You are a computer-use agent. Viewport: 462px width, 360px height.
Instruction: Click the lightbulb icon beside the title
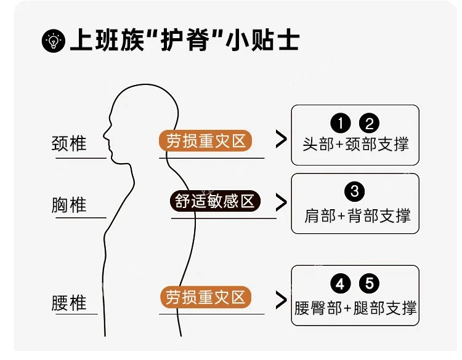[54, 41]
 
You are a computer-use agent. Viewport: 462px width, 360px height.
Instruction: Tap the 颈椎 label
[70, 143]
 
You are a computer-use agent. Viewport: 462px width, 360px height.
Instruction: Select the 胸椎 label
[70, 205]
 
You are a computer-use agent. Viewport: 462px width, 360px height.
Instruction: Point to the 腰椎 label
[70, 303]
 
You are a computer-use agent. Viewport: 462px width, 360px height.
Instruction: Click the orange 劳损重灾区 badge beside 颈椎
[206, 142]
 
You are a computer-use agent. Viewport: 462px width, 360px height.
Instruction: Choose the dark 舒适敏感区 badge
[214, 201]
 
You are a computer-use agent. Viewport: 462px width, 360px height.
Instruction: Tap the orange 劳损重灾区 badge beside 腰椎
[206, 298]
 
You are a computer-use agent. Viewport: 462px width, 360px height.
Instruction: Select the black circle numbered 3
[355, 191]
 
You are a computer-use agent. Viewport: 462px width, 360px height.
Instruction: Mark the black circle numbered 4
[340, 284]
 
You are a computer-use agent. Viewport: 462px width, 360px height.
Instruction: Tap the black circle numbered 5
[369, 284]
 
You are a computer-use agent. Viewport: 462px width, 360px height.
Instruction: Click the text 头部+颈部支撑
[355, 145]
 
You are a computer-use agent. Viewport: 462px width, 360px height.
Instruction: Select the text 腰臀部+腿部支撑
[355, 308]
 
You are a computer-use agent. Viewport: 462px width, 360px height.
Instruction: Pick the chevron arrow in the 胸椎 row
[281, 202]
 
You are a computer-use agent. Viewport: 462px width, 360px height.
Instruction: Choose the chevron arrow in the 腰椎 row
[281, 300]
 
